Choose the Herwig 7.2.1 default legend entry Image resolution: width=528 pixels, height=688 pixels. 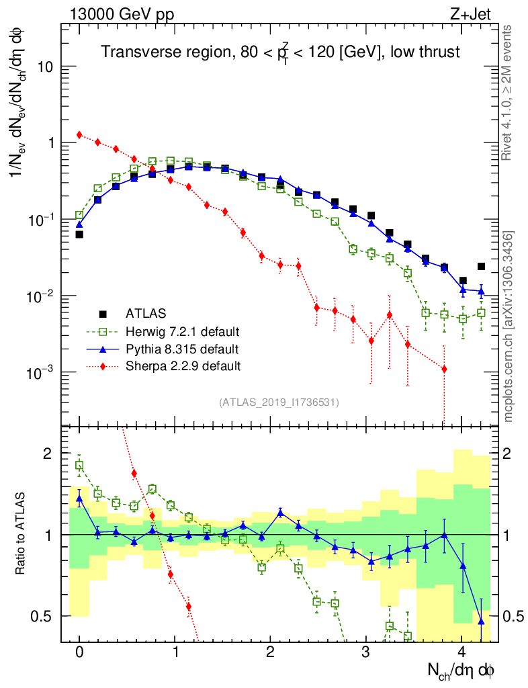(x=182, y=331)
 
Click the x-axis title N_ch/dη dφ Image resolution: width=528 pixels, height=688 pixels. (x=461, y=670)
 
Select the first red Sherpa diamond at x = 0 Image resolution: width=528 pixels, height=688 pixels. (x=79, y=134)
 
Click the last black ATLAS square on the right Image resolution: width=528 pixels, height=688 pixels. (x=481, y=267)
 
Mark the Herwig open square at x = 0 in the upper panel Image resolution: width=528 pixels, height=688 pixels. (x=79, y=215)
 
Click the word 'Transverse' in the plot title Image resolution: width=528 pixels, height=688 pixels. (x=134, y=52)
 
